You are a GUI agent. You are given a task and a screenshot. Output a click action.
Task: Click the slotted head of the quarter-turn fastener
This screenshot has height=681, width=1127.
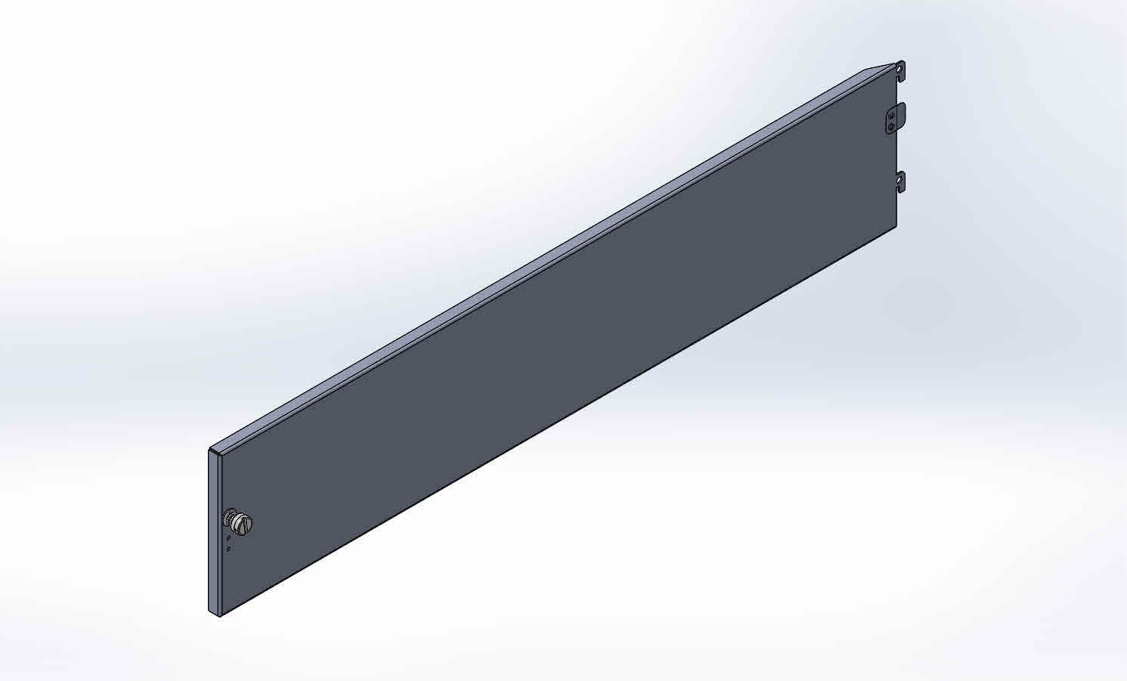(x=243, y=522)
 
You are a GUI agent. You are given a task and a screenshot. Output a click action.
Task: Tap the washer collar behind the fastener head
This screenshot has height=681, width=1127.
(x=228, y=518)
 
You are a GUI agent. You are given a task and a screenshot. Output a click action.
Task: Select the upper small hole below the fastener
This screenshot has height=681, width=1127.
(x=229, y=537)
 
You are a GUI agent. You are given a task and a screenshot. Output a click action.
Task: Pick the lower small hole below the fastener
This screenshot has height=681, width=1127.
(x=229, y=549)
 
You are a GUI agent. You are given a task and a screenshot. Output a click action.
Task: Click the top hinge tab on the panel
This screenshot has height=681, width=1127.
(x=900, y=71)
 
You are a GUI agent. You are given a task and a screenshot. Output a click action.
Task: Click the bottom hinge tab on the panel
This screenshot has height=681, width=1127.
(x=900, y=182)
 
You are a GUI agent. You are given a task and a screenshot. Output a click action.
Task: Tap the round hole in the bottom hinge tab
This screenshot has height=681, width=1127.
(x=900, y=179)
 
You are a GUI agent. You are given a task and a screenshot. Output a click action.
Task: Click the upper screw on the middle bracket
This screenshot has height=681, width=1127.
(x=892, y=115)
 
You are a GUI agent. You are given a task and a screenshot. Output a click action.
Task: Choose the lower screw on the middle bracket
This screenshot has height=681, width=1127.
(x=892, y=127)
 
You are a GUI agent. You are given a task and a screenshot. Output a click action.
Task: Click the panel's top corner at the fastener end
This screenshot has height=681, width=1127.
(x=210, y=450)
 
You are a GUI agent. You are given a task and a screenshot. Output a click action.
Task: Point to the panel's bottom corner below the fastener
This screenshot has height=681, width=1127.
(x=218, y=616)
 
